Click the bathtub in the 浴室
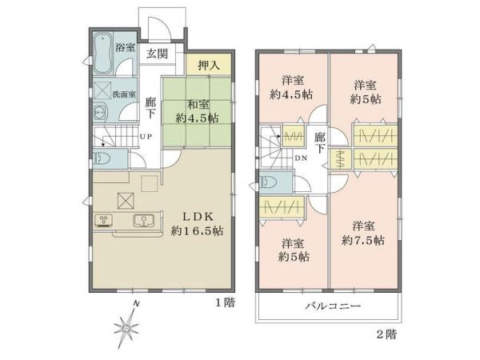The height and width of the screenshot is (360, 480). tap(102, 54)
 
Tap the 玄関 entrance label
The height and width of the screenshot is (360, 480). tap(157, 54)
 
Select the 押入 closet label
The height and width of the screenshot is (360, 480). tap(209, 65)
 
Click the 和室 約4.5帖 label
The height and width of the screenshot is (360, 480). tap(197, 111)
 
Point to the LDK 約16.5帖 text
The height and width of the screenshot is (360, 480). tap(197, 224)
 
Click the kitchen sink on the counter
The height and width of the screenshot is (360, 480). tap(143, 221)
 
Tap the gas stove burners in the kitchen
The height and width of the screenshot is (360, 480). tap(104, 221)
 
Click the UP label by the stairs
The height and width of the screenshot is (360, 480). tap(146, 137)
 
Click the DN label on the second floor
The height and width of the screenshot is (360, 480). tap(301, 158)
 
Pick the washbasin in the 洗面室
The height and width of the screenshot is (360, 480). tap(100, 113)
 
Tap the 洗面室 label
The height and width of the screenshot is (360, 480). tap(124, 94)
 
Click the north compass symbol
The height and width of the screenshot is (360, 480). tap(126, 326)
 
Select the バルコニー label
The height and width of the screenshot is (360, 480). tap(334, 306)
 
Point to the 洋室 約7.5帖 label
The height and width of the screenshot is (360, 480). tap(363, 234)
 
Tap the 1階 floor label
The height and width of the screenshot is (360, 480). tap(226, 302)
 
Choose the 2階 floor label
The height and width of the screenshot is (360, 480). tap(386, 334)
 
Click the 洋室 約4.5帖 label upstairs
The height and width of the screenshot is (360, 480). tap(291, 88)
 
